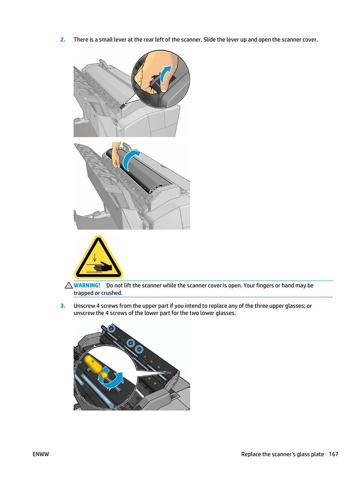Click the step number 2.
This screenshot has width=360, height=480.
click(x=63, y=40)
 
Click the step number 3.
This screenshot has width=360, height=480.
click(x=63, y=306)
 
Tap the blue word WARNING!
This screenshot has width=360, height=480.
click(x=87, y=286)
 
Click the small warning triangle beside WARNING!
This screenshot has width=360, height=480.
click(x=69, y=286)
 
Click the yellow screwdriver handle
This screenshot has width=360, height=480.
click(x=94, y=365)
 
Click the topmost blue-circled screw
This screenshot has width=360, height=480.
click(x=111, y=328)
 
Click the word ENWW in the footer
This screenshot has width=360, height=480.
click(x=41, y=454)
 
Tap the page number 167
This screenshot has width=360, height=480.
click(x=333, y=454)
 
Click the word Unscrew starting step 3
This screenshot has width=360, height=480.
click(x=84, y=306)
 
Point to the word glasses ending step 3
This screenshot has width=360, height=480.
click(x=225, y=313)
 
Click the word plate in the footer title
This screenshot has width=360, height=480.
click(x=317, y=454)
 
